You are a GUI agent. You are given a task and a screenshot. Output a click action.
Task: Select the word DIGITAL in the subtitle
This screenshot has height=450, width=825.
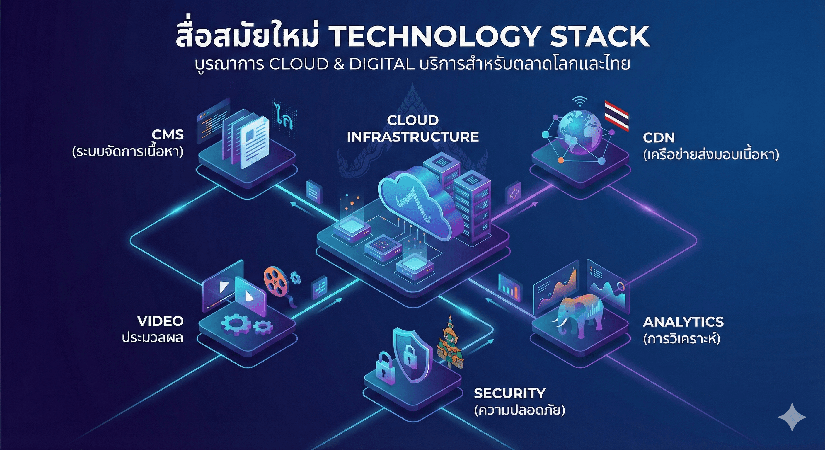tap(381, 64)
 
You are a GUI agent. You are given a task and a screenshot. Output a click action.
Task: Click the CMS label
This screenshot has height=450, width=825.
tap(168, 135)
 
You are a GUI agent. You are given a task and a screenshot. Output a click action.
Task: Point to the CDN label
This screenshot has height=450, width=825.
tap(659, 138)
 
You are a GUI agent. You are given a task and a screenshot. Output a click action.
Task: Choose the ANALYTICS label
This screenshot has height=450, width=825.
tap(683, 322)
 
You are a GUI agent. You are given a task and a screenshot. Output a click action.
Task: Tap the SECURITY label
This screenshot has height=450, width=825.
tap(509, 393)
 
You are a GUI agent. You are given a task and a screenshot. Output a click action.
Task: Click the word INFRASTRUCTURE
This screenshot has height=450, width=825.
tap(412, 137)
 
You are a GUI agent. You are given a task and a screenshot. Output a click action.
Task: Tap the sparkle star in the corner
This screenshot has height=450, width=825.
tap(792, 417)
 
